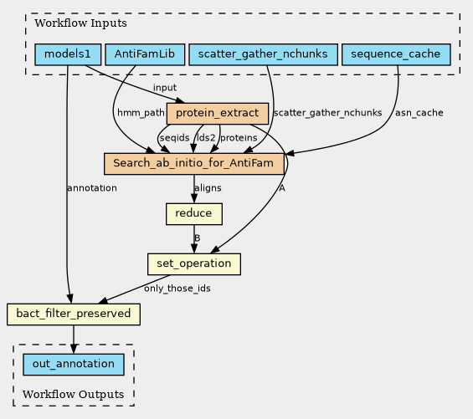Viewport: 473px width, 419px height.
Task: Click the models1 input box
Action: [x=68, y=54]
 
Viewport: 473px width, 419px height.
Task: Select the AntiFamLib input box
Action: [x=145, y=54]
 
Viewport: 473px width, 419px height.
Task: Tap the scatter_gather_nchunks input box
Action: [x=263, y=54]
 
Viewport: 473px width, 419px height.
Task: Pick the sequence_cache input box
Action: [x=396, y=54]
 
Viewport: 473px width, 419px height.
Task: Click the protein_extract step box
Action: [x=218, y=114]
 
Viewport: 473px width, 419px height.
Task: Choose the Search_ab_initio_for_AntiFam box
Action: [x=194, y=164]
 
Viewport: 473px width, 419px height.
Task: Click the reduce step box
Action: [x=194, y=214]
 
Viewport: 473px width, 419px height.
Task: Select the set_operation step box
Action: [x=194, y=264]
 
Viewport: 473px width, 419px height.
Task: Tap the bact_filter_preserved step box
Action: [x=74, y=314]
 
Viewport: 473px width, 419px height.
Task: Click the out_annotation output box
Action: [x=74, y=365]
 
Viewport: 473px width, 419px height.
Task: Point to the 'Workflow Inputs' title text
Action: [x=80, y=23]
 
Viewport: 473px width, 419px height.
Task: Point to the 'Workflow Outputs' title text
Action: [x=74, y=394]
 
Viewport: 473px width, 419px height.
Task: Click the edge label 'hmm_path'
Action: [x=141, y=113]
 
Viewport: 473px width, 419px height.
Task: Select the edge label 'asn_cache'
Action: [x=419, y=113]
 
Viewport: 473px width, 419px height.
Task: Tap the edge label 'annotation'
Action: [x=92, y=188]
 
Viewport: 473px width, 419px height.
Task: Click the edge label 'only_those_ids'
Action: [x=177, y=289]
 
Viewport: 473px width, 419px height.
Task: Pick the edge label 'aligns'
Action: [x=208, y=188]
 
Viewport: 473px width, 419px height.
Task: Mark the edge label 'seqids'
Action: [x=175, y=138]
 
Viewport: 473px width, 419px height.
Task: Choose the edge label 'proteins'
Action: [x=239, y=138]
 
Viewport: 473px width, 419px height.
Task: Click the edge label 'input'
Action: [x=165, y=88]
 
